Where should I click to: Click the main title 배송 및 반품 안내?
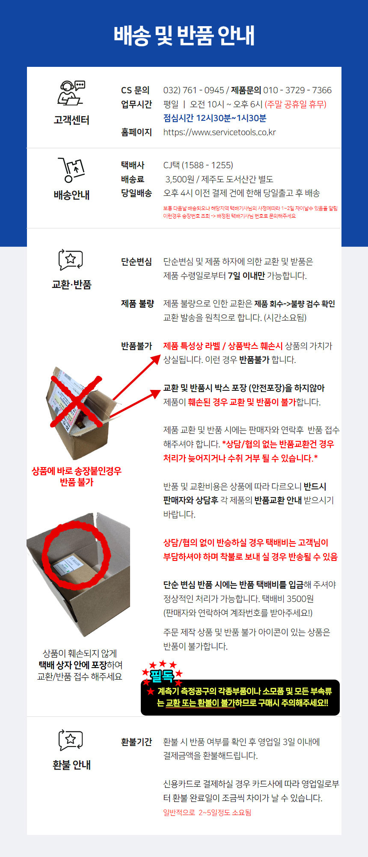pos(184,36)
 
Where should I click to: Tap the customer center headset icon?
pos(71,93)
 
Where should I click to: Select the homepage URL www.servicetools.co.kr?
pos(219,132)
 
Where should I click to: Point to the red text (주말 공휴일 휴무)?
pos(295,104)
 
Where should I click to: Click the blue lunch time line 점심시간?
pos(214,118)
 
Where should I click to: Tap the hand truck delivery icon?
pos(71,170)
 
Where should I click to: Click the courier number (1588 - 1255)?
pos(208,165)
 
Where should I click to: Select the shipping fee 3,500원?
pos(180,179)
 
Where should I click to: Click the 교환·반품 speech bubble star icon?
pos(71,260)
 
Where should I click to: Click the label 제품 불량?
pos(137,304)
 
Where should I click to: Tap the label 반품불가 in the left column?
pos(136,346)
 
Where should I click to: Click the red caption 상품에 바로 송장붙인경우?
pos(77,471)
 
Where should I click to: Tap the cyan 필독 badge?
pos(162,676)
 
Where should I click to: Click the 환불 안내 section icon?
pos(71,740)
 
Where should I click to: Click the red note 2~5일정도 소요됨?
pos(207,812)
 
